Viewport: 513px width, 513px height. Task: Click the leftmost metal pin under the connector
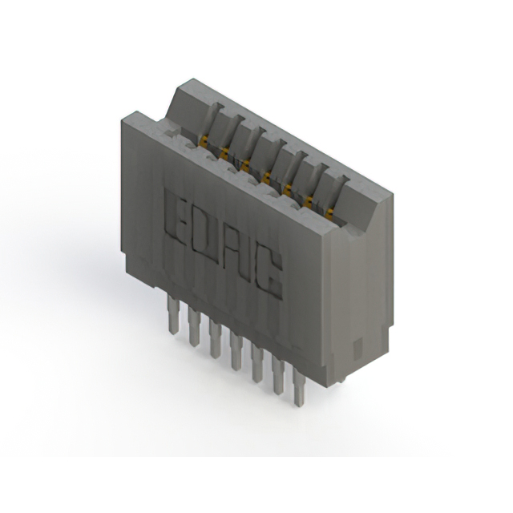[x=172, y=313]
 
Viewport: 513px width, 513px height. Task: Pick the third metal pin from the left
[x=216, y=338]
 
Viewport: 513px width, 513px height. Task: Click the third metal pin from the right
[x=257, y=363]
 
